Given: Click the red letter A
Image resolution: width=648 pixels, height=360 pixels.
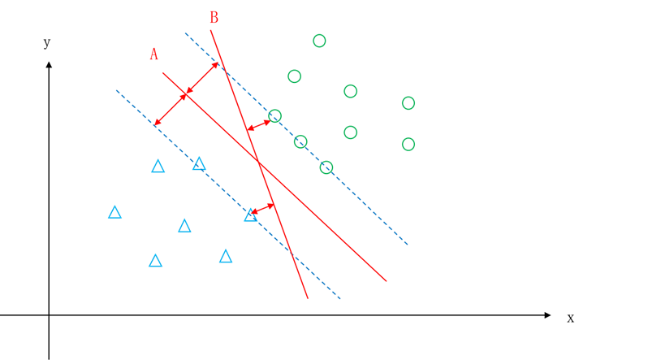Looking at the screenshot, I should coord(153,54).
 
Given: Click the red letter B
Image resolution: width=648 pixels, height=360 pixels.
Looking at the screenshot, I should coord(214,17).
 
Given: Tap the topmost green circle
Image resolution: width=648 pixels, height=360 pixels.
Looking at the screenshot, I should coord(319,41).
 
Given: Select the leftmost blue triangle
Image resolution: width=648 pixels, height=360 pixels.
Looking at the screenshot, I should coord(114,212).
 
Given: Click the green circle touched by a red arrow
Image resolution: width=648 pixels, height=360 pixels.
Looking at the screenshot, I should coord(274,116).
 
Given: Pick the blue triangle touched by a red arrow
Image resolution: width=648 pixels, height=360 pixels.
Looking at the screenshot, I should coord(250,215).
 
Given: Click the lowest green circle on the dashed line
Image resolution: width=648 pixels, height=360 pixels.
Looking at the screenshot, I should coord(326,167).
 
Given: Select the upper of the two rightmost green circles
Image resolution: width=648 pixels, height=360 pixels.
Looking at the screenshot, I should coord(408,103).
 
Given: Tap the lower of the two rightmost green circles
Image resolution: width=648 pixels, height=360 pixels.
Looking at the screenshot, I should coord(408,144).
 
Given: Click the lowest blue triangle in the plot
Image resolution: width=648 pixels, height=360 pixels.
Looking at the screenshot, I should coord(155,261).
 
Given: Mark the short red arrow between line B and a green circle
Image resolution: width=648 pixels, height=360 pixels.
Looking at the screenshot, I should coord(258,125).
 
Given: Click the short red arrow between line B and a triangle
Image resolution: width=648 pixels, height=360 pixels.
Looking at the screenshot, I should coord(262,209).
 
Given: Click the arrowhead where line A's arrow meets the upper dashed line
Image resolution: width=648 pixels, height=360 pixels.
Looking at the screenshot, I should coord(217,63).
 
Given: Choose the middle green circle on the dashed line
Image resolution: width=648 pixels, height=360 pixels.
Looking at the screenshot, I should coord(300,141).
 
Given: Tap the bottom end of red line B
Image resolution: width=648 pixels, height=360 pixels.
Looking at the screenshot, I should coord(308,297).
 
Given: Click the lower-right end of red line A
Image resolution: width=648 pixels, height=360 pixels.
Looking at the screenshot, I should coord(386,281).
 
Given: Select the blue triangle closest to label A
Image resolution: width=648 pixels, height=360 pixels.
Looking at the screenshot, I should coord(158,167).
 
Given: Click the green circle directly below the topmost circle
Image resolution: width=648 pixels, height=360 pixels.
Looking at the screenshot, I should coord(295,76).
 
